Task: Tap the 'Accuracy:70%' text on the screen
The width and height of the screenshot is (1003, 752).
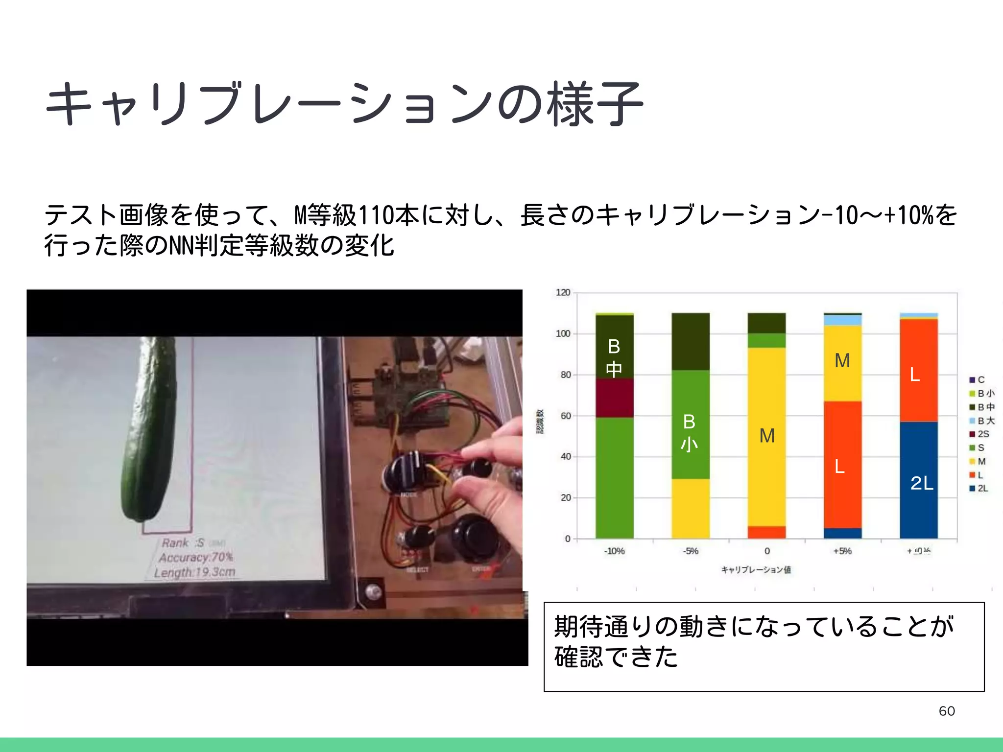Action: (x=196, y=557)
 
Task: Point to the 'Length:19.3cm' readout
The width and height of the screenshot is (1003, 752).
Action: (x=195, y=572)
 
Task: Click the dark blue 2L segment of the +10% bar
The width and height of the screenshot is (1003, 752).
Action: (x=918, y=480)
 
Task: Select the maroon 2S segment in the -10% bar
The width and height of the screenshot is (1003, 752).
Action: (x=614, y=398)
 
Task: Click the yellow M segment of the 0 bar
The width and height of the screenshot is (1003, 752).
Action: (x=766, y=436)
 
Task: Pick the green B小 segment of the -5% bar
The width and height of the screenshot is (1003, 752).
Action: (x=690, y=424)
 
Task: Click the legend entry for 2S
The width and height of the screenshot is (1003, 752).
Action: (x=982, y=434)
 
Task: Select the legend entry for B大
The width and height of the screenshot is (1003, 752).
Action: (x=985, y=421)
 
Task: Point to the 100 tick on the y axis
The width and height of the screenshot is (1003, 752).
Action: (x=563, y=334)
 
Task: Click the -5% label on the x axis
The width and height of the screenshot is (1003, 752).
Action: (x=691, y=551)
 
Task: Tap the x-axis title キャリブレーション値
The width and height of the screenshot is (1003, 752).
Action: (x=756, y=569)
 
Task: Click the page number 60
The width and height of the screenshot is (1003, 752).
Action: (x=947, y=711)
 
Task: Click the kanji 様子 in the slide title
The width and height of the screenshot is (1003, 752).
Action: (x=595, y=104)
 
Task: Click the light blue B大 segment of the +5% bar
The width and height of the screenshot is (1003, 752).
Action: (x=842, y=320)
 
